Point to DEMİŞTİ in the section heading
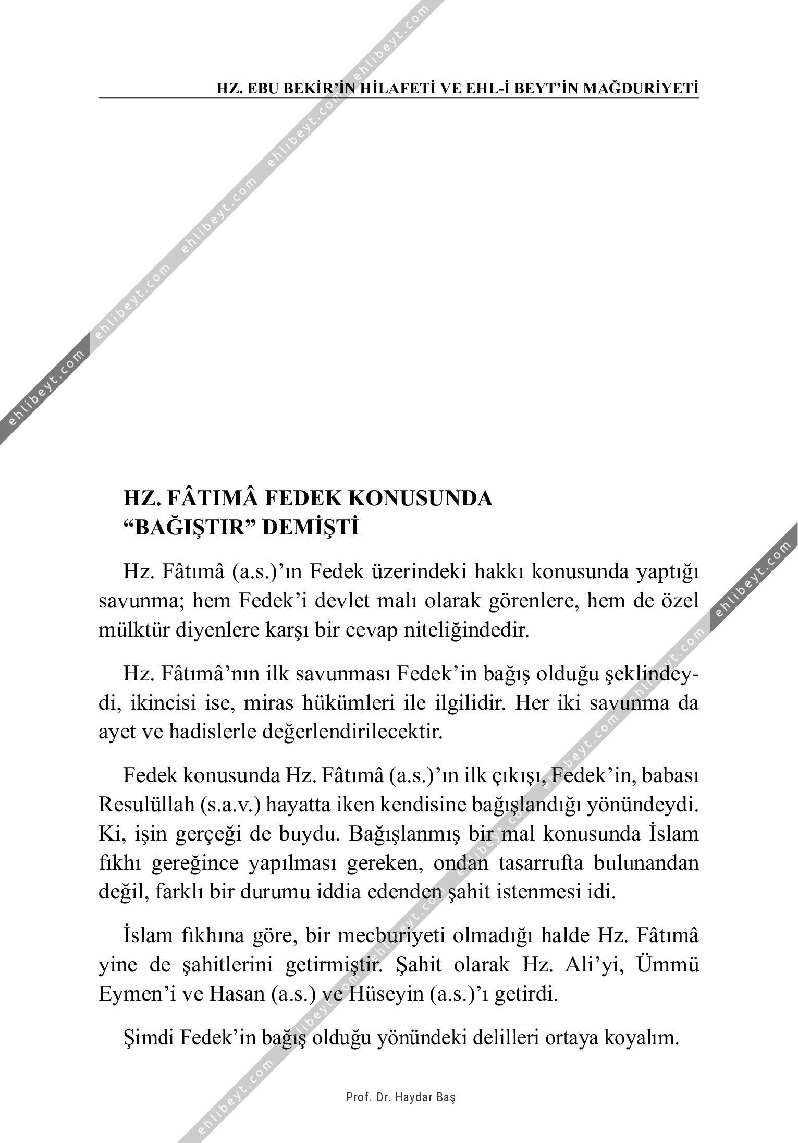pos(310,528)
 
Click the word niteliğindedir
pos(467,631)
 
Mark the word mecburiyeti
pos(391,936)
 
